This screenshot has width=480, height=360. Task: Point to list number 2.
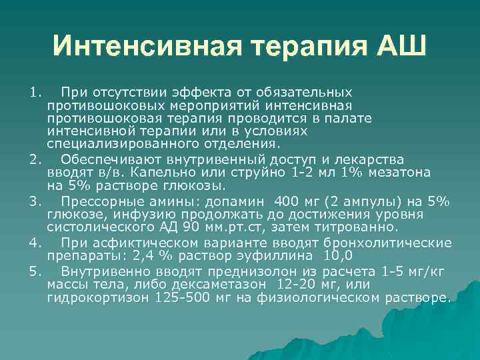[35, 159]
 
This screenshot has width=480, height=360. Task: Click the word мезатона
[401, 173]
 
